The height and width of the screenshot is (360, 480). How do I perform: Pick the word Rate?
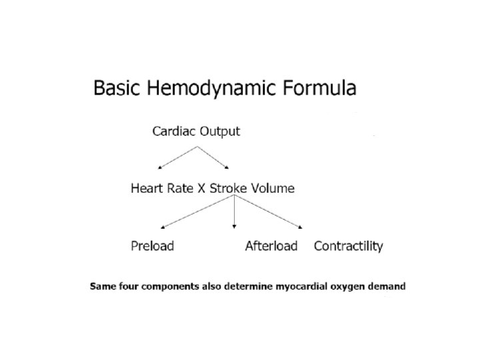pyautogui.click(x=181, y=189)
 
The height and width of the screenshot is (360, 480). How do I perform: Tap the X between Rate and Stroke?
pyautogui.click(x=202, y=189)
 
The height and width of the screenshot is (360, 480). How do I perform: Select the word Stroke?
pyautogui.click(x=229, y=189)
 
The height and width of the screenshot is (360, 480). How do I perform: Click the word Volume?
pyautogui.click(x=273, y=189)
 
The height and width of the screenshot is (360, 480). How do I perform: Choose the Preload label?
pyautogui.click(x=152, y=246)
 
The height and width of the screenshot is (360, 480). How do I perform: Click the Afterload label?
pyautogui.click(x=271, y=246)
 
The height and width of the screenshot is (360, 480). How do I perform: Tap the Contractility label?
pyautogui.click(x=348, y=246)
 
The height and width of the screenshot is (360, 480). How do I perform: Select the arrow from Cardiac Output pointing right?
pyautogui.click(x=215, y=155)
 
